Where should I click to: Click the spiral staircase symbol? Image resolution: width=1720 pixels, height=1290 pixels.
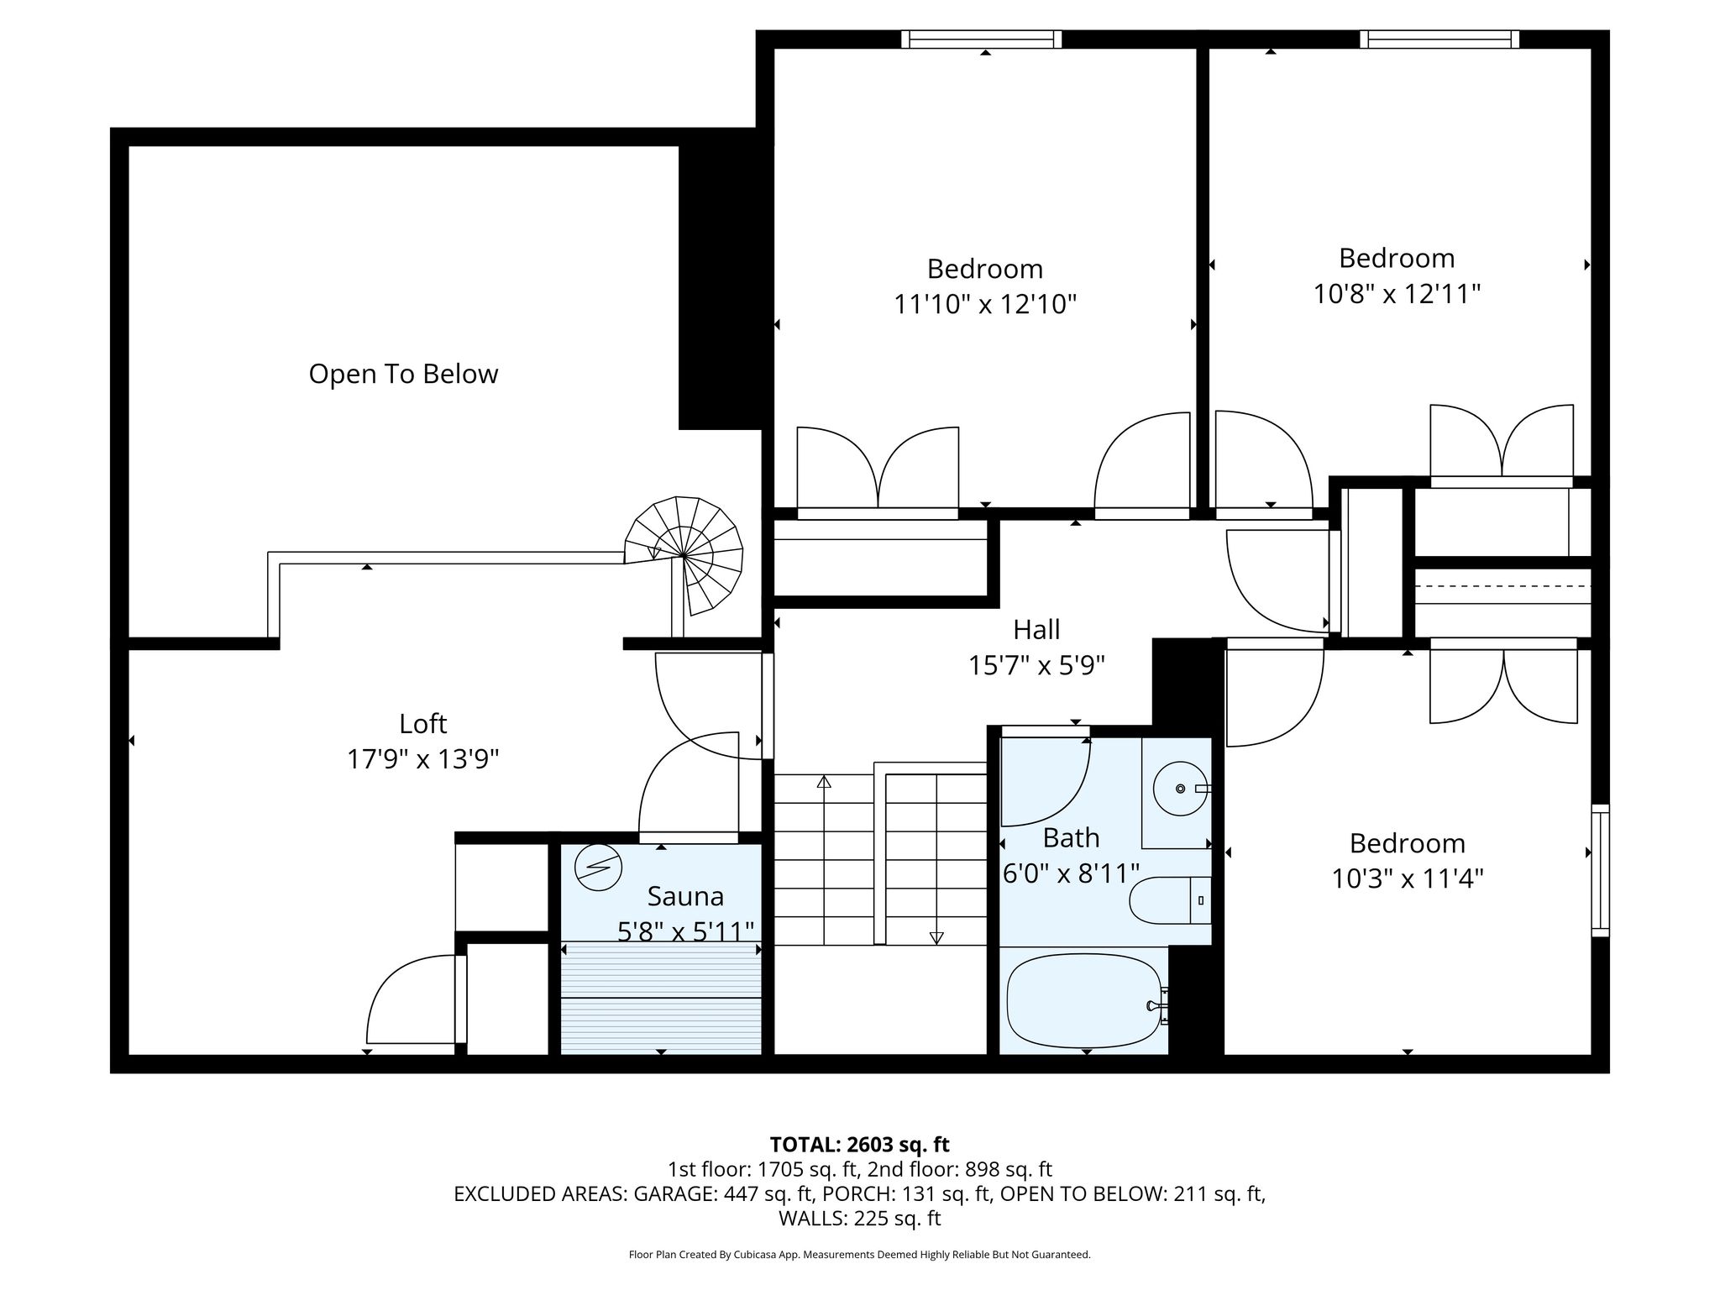[x=684, y=555]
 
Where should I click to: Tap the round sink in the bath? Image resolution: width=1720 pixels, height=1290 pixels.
[x=1180, y=789]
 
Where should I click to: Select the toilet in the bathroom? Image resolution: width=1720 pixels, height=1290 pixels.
[x=1170, y=900]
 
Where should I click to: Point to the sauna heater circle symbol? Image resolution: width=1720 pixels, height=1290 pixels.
[x=598, y=866]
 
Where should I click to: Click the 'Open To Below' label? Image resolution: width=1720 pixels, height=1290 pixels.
[x=403, y=374]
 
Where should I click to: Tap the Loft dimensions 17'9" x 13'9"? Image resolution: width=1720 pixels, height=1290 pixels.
[x=423, y=759]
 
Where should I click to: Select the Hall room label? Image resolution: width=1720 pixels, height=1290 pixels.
[x=1036, y=629]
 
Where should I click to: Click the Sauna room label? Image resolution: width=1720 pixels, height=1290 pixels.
[x=685, y=896]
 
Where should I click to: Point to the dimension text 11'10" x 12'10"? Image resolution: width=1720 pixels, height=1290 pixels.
[x=985, y=304]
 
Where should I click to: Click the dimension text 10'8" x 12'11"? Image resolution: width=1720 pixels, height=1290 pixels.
[x=1397, y=294]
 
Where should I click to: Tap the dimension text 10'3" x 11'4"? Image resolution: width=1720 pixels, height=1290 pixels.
[x=1408, y=878]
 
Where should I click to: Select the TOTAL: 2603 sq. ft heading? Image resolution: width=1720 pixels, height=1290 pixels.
[x=859, y=1144]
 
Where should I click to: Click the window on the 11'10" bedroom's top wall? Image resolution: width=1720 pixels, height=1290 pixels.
[x=982, y=39]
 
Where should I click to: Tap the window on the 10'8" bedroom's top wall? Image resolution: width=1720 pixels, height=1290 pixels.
[x=1439, y=39]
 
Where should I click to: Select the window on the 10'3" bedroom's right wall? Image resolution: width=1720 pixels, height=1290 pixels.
[x=1601, y=870]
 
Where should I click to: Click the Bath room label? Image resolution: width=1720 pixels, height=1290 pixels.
[x=1071, y=837]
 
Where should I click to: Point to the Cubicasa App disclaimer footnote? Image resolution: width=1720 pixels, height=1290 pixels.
[x=859, y=1255]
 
